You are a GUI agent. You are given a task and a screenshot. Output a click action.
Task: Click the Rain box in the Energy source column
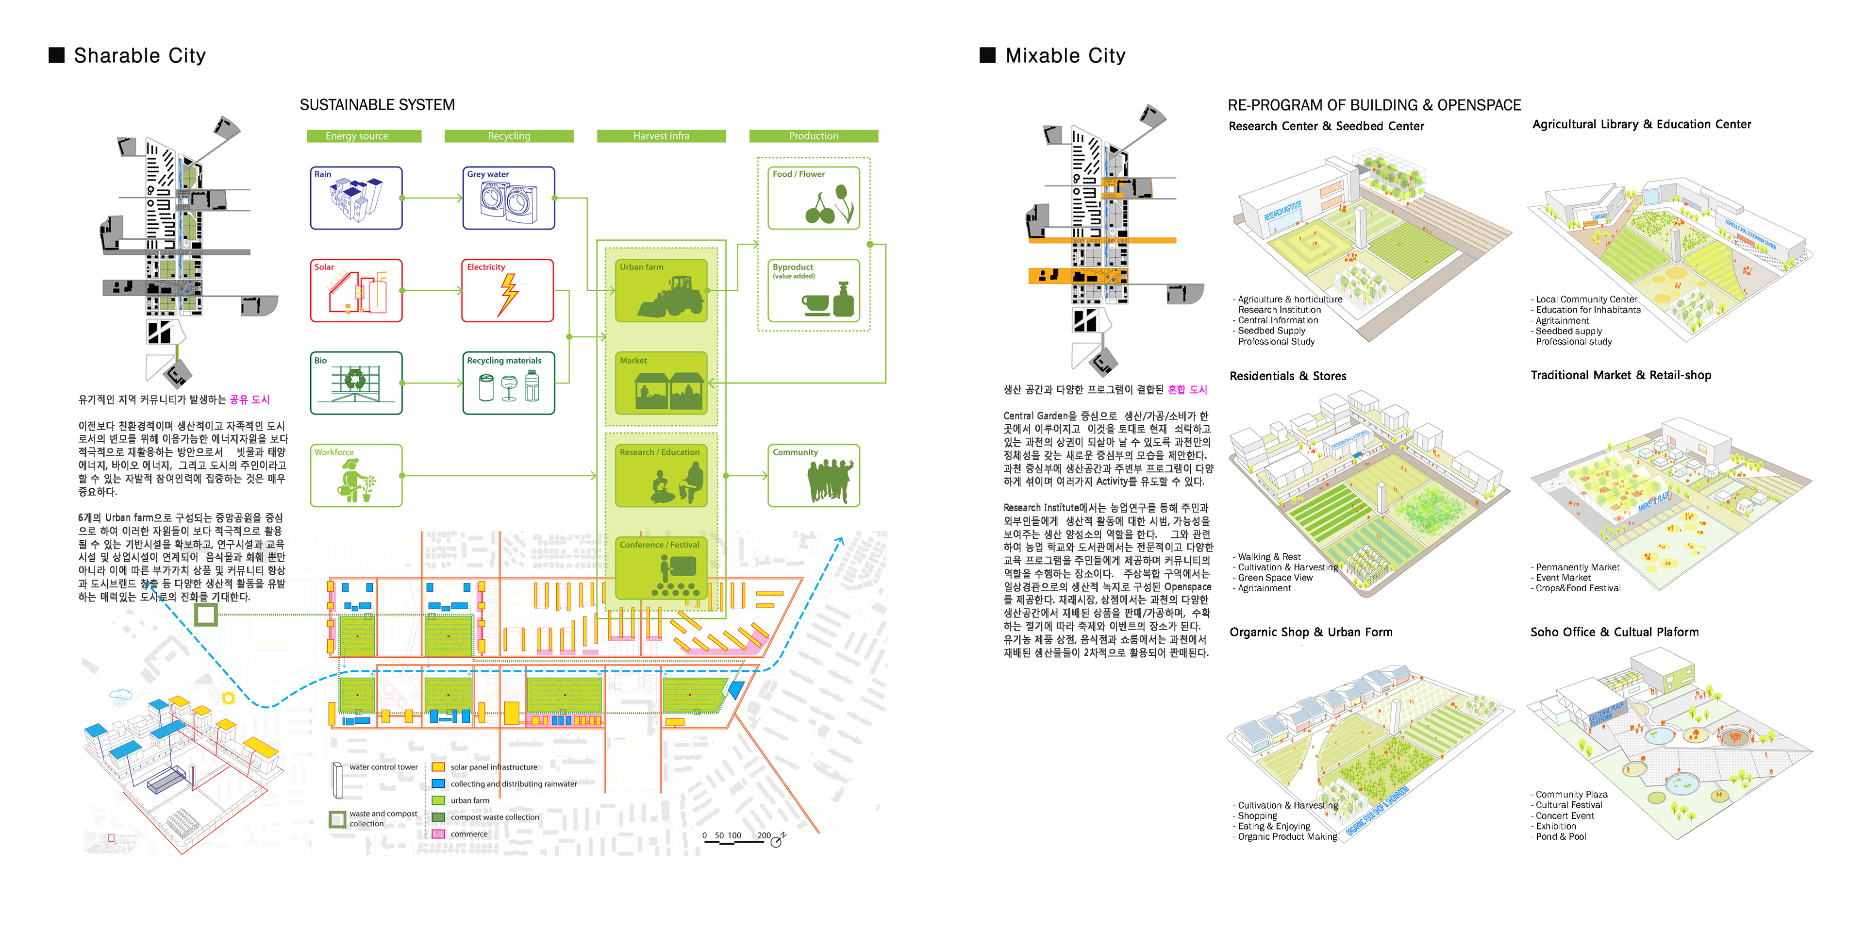coord(356,198)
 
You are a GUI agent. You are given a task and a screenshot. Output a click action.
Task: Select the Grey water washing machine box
coord(509,198)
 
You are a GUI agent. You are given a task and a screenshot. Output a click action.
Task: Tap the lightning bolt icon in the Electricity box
coord(509,295)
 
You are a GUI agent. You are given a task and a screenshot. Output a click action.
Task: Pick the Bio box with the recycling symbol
coord(356,383)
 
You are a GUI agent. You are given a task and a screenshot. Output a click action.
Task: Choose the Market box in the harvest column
coord(661,383)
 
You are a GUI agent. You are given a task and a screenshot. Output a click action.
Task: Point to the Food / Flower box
coord(814,198)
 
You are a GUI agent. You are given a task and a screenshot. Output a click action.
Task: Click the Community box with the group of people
coord(814,475)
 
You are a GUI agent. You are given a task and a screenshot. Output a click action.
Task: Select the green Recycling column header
coord(509,136)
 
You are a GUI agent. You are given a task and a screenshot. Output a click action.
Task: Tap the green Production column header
coord(814,136)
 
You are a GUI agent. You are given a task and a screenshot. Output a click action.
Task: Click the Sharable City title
coord(140,56)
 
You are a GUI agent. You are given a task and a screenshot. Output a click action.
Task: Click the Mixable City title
coord(1065,56)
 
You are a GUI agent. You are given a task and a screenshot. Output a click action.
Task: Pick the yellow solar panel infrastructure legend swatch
coord(438,767)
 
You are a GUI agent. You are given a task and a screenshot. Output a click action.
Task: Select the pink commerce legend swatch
coord(438,833)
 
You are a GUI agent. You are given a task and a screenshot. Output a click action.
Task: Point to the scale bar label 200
coord(764,835)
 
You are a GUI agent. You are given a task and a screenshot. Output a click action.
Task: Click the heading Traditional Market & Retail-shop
coord(1621,375)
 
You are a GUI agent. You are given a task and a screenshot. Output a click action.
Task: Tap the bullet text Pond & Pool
coord(1561,836)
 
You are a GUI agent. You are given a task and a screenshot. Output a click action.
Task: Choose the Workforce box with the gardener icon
coord(356,475)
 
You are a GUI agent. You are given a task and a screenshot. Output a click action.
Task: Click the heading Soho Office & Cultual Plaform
coord(1614,632)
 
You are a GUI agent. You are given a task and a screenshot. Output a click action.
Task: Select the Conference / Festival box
coord(661,568)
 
